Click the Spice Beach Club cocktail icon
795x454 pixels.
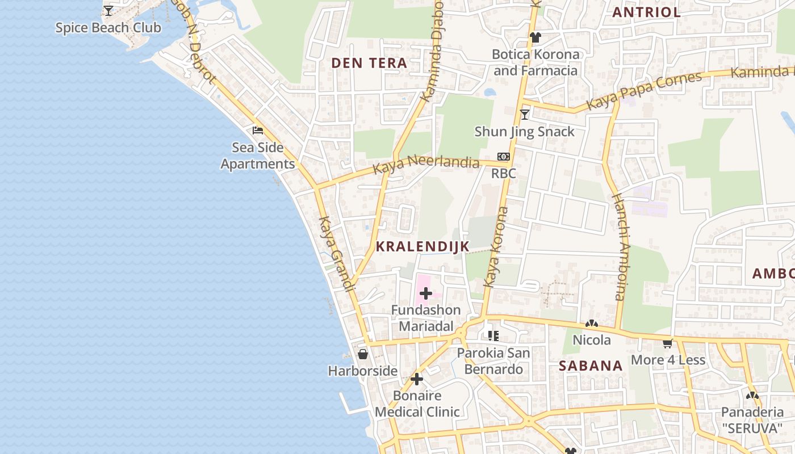108,11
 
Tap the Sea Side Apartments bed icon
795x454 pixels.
258,131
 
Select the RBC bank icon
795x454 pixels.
503,157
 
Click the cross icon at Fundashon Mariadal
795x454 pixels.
425,293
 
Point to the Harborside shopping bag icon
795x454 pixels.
363,354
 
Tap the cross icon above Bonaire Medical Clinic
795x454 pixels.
417,379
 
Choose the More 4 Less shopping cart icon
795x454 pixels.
668,343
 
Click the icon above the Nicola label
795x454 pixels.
591,323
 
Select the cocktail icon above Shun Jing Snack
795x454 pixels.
525,115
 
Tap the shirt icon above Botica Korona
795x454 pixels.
535,37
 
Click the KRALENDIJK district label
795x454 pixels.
422,246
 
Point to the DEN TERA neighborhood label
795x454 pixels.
369,63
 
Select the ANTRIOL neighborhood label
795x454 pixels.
646,12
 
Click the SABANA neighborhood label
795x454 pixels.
591,366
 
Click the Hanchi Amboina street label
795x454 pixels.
619,247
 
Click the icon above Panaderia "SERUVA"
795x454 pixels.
752,396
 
